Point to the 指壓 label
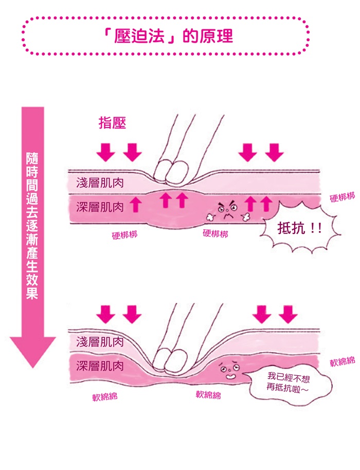point(112,123)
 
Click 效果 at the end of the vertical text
point(32,291)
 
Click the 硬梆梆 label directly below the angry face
point(215,234)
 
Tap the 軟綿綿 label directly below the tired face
point(208,395)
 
